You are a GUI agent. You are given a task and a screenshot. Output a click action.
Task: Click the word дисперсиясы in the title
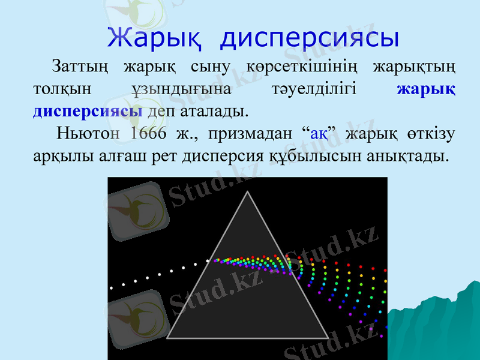point(310,37)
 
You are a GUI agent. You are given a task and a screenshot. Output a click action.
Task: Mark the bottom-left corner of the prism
point(168,337)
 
